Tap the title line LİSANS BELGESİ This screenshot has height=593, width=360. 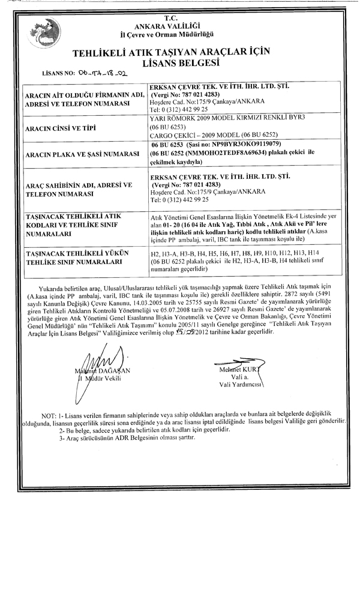click(179, 62)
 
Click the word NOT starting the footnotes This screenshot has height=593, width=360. click(49, 415)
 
